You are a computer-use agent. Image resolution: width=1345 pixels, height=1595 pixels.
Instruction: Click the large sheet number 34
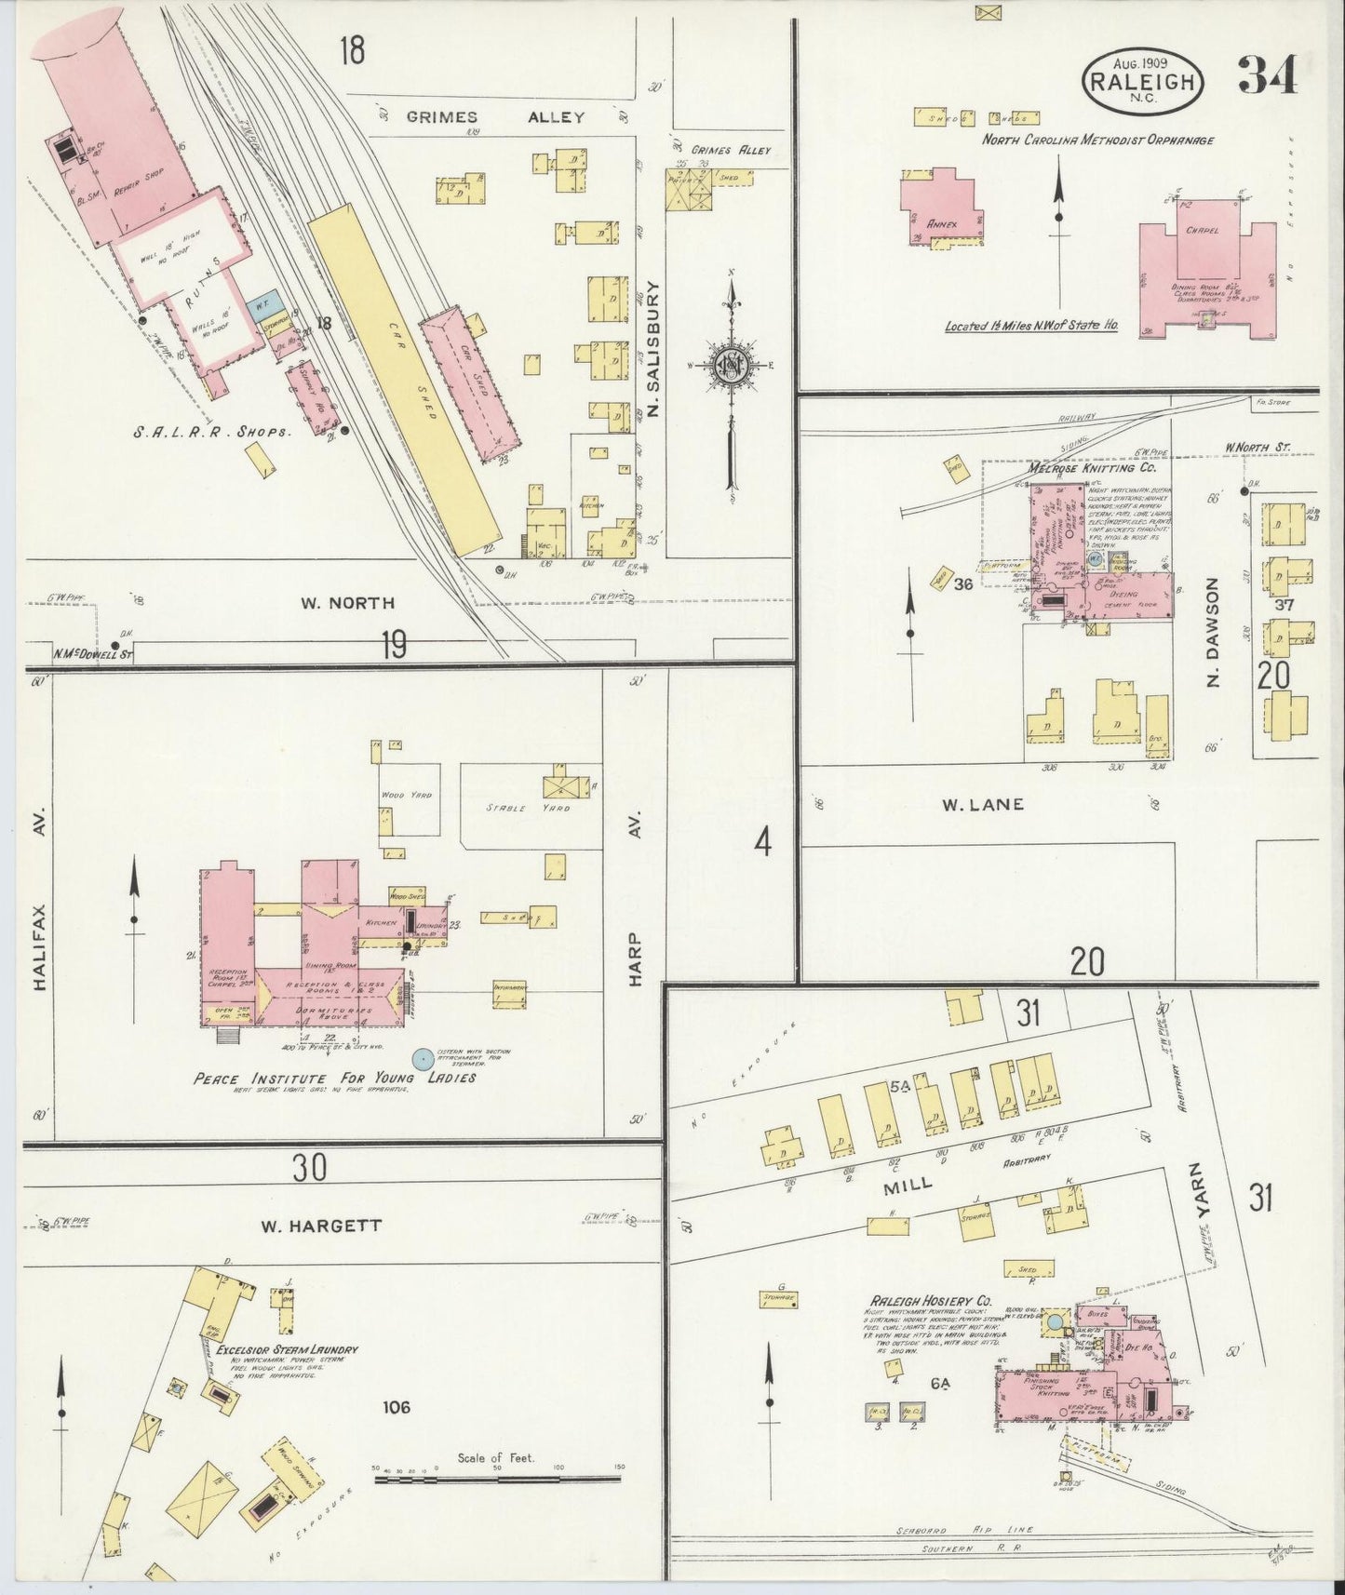(x=1268, y=75)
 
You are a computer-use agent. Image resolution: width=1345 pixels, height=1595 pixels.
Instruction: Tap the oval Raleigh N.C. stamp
(x=1143, y=81)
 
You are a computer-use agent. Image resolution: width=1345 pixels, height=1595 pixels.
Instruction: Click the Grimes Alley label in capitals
(x=495, y=117)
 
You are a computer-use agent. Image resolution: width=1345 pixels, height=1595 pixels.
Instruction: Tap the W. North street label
(x=346, y=603)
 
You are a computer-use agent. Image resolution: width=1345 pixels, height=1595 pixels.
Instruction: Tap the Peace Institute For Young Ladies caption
(x=334, y=1078)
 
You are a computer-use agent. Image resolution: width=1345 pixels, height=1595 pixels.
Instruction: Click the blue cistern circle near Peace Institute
(x=423, y=1058)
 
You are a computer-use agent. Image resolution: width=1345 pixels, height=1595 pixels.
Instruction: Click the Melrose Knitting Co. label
(x=1080, y=468)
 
